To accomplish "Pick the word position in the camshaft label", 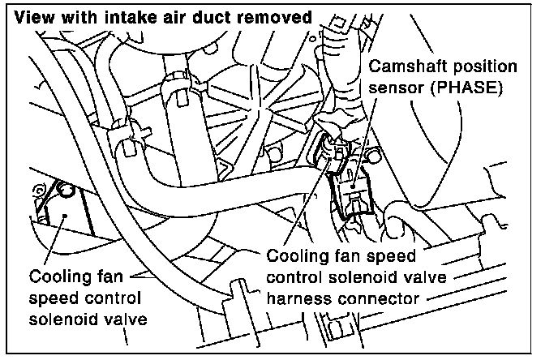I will tap(489, 66).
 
